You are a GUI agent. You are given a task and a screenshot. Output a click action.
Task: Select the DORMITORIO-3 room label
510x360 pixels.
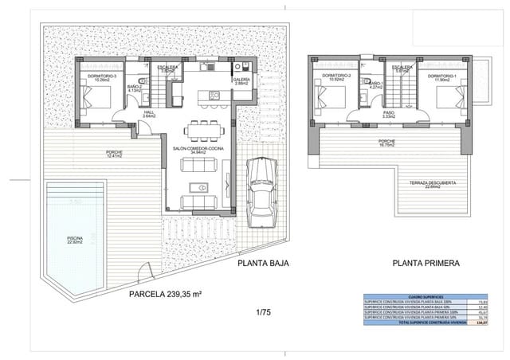(95, 77)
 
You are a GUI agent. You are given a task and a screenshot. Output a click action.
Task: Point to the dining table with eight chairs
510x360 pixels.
(201, 128)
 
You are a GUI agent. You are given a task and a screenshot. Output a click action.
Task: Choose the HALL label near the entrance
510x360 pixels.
(149, 113)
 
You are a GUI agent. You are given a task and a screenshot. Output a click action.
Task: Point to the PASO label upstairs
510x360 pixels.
(390, 114)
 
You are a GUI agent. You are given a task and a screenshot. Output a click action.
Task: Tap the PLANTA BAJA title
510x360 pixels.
(263, 262)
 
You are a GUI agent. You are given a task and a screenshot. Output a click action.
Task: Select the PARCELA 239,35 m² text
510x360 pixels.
(165, 294)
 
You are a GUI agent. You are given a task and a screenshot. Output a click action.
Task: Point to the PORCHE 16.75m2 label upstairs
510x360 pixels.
(390, 143)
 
